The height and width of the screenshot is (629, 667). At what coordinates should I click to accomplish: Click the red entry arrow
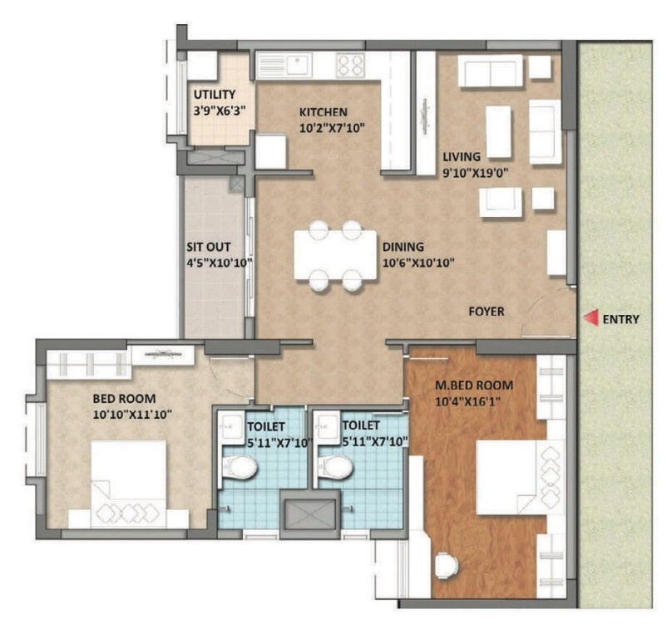(590, 318)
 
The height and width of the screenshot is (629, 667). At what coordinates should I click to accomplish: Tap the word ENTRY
(620, 319)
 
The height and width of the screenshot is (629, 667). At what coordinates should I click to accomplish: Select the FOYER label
(487, 312)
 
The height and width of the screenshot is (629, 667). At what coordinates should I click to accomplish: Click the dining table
(335, 255)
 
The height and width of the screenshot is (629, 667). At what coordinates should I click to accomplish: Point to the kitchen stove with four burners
(350, 65)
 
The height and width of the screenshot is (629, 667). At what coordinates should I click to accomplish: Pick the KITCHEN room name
(324, 112)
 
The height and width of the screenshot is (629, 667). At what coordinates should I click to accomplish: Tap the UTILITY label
(215, 94)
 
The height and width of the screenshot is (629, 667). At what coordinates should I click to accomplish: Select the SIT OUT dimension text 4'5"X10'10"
(220, 263)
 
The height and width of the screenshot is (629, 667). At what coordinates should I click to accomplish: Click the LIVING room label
(462, 157)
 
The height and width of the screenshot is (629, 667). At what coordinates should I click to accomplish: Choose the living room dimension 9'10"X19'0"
(476, 173)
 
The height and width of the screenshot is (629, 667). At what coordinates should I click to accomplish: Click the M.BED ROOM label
(474, 386)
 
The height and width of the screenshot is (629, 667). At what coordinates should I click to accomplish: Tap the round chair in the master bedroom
(447, 566)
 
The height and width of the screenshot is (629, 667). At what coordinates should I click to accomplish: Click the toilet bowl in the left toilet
(240, 467)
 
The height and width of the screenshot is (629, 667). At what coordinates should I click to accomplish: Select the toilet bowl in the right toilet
(335, 467)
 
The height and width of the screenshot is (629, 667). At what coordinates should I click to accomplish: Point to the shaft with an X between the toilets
(310, 514)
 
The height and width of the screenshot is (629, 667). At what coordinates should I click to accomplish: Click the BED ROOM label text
(124, 399)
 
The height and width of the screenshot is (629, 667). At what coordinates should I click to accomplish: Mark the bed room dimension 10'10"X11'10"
(132, 414)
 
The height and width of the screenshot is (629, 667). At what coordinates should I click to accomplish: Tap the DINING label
(403, 247)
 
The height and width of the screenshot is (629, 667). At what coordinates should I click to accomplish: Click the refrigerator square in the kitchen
(271, 151)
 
